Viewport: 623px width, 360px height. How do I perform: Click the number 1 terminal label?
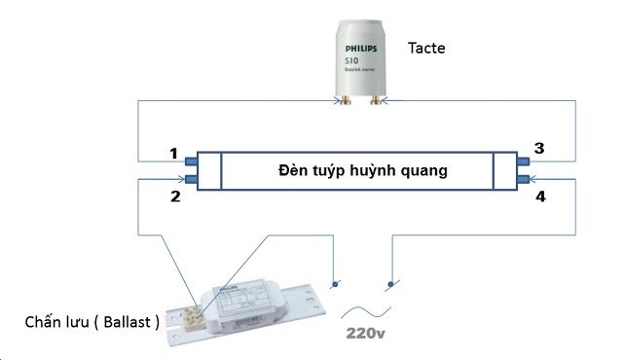coord(173,154)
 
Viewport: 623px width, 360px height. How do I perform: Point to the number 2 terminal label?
coord(175,197)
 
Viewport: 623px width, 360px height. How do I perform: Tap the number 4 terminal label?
coord(538,198)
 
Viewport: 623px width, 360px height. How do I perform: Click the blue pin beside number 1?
coord(190,161)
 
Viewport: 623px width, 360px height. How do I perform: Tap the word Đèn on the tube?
coord(292,170)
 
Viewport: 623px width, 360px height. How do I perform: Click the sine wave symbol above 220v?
coord(367,312)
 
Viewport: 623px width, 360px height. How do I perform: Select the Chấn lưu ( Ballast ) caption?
coord(92,321)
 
